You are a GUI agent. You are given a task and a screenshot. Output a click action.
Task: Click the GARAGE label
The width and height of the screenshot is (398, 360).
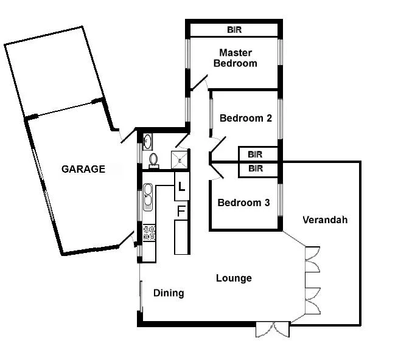pos(83,169)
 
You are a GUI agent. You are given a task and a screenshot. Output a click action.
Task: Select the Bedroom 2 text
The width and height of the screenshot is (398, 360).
pos(245,118)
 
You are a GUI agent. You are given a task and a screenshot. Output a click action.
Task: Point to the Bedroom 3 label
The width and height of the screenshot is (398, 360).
pos(243,202)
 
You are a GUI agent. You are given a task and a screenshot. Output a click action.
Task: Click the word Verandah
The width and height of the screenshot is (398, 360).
pos(325,220)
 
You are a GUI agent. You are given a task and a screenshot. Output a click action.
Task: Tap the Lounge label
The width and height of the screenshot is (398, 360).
pos(234,279)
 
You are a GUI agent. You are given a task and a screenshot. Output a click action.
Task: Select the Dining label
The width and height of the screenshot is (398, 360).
pos(169,293)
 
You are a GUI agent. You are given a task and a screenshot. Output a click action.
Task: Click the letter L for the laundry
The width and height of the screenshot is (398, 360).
pos(181,187)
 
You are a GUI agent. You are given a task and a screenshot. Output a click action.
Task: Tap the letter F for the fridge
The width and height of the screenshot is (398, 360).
pos(181,211)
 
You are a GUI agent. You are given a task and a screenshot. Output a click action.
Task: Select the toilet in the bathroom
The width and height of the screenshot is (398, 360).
pos(153,160)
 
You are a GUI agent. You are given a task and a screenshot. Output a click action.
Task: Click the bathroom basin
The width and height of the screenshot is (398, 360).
pos(147,142)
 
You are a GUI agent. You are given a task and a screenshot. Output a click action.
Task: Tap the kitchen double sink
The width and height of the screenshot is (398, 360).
pos(148,201)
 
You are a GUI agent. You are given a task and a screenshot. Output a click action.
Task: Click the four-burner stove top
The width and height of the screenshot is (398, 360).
pos(148,232)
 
